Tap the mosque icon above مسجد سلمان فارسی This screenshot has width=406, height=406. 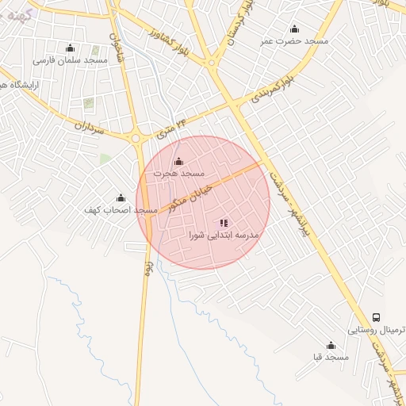[x=70, y=48]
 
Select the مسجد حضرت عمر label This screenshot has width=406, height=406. [x=294, y=40]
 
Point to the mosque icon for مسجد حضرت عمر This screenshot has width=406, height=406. [x=295, y=29]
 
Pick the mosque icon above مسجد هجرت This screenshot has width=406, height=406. [x=178, y=162]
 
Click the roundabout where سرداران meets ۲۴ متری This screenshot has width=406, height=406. [x=136, y=137]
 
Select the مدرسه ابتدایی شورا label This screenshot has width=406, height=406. [x=224, y=235]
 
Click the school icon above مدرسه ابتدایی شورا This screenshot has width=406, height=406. [x=224, y=223]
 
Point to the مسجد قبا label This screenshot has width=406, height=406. [x=331, y=358]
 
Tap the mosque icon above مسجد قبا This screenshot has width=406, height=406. [x=331, y=346]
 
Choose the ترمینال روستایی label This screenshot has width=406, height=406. [x=377, y=329]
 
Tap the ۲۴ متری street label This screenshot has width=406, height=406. [x=172, y=128]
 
